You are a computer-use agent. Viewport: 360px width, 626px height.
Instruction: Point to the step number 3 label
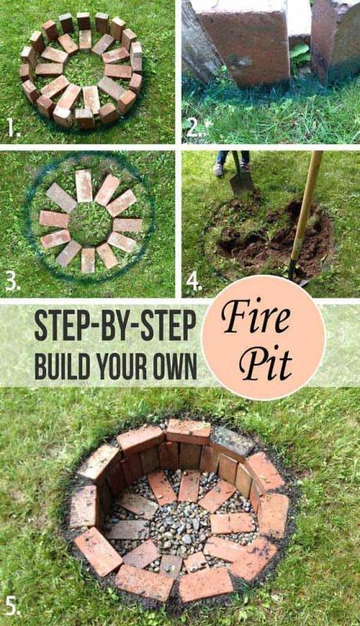pyautogui.click(x=12, y=282)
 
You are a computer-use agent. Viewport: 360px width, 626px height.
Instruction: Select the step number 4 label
pyautogui.click(x=194, y=282)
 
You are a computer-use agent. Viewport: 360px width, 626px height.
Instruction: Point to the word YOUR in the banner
pyautogui.click(x=126, y=366)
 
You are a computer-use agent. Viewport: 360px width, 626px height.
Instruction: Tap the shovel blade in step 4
pyautogui.click(x=241, y=182)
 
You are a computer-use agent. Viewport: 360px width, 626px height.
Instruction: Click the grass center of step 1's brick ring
pyautogui.click(x=81, y=69)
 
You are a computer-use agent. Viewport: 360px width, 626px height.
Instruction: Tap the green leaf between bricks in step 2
pyautogui.click(x=299, y=55)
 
